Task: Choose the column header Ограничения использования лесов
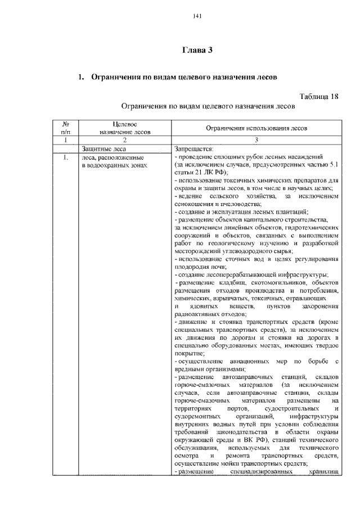coord(256,128)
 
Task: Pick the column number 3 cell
coord(256,140)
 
